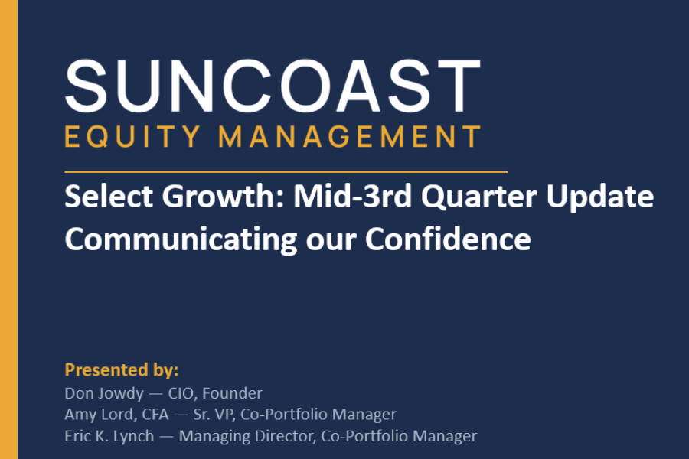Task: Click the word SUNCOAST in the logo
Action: [273, 86]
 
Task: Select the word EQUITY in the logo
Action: [132, 137]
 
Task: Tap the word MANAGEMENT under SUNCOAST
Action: [350, 136]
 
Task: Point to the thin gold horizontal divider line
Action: [286, 171]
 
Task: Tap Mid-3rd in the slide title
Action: [352, 196]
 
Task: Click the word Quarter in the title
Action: [479, 197]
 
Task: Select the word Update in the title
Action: [599, 197]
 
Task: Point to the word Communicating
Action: [181, 239]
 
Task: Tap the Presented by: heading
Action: [122, 369]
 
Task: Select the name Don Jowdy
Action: [104, 393]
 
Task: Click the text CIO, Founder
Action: [215, 393]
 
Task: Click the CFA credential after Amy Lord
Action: [155, 414]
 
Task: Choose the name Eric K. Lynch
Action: [109, 436]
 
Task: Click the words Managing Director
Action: [246, 436]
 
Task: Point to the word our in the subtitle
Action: [331, 242]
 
